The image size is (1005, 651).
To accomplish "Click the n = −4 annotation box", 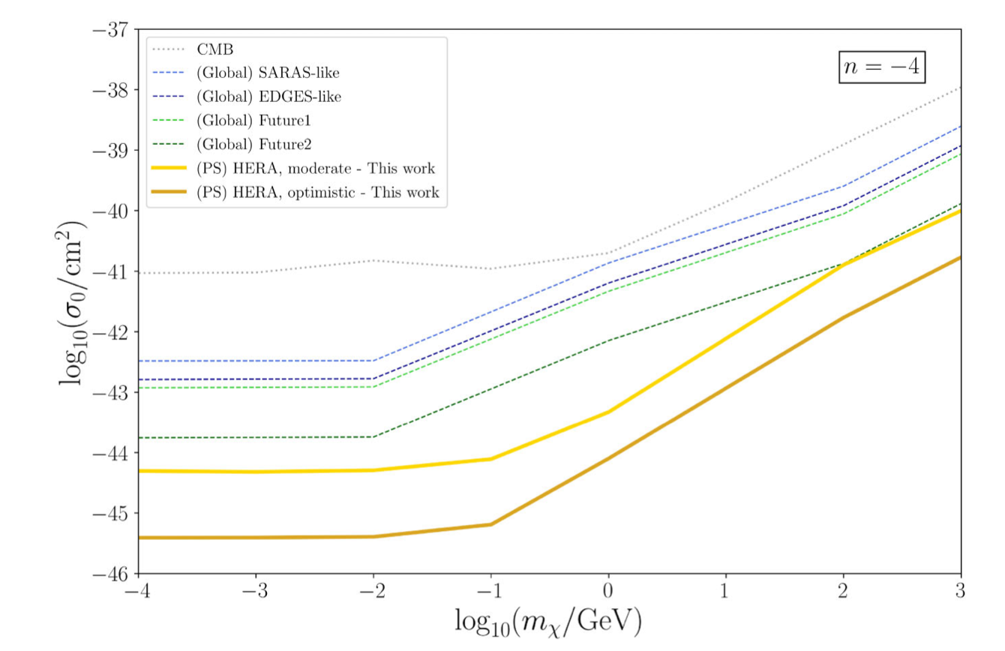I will pos(881,67).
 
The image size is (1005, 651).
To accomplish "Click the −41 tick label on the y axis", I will pos(109,271).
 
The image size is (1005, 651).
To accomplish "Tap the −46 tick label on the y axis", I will pos(109,574).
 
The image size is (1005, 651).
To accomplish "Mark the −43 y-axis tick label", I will pos(109,392).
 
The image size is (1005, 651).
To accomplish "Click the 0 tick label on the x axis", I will pos(608,592).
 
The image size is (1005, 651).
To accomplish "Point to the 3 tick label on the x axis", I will pos(961,592).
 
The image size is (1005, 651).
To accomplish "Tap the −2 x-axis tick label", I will pos(373,592).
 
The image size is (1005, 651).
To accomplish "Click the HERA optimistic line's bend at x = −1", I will pos(490,524).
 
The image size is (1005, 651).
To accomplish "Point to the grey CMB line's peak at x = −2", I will pos(373,260).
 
